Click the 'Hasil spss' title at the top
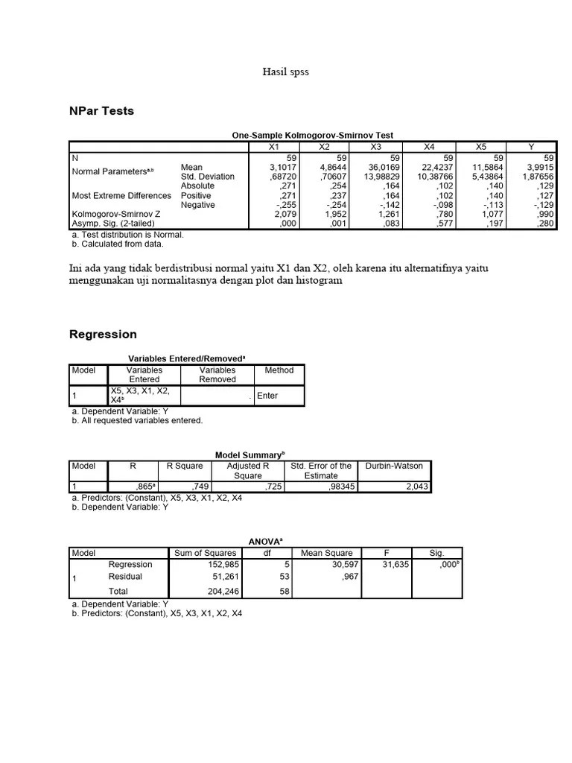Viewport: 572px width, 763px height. click(285, 72)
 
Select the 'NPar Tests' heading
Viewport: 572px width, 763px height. click(101, 111)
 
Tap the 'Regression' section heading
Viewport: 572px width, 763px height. click(103, 335)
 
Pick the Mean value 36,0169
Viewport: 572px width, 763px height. click(385, 168)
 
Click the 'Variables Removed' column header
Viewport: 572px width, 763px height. click(217, 374)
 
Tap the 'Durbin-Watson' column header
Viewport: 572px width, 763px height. click(394, 466)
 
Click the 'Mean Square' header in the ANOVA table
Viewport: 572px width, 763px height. click(326, 553)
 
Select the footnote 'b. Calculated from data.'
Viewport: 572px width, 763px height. click(117, 244)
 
